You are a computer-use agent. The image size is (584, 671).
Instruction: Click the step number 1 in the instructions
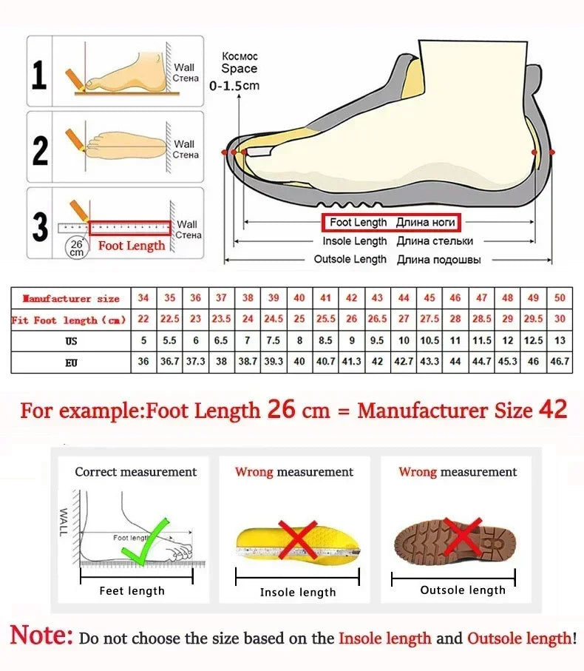coord(39,74)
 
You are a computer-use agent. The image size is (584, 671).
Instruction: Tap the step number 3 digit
coord(40,226)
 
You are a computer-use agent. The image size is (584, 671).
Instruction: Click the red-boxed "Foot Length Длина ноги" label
coord(390,223)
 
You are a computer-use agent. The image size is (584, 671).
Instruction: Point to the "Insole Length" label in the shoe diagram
coord(355,241)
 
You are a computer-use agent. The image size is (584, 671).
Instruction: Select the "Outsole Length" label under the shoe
coord(350,260)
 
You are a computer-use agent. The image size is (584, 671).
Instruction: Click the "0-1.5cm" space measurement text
coord(234,86)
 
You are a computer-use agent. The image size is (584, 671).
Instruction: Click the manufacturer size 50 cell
coord(560,298)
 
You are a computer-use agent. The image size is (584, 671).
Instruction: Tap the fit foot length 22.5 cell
coord(170,320)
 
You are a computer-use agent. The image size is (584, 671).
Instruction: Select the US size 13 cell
coord(560,341)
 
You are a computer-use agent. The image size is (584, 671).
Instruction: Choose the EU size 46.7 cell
coord(560,363)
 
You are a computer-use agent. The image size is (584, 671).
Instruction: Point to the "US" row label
coord(71,341)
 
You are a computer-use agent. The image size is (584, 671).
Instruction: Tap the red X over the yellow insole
coord(296,539)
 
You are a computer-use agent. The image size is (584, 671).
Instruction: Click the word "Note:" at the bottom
coord(41,636)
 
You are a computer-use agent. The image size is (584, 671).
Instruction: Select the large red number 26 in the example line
coord(281,408)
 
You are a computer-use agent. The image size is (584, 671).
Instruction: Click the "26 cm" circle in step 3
coord(76,247)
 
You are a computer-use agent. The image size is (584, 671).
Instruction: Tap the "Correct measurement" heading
coord(136,472)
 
